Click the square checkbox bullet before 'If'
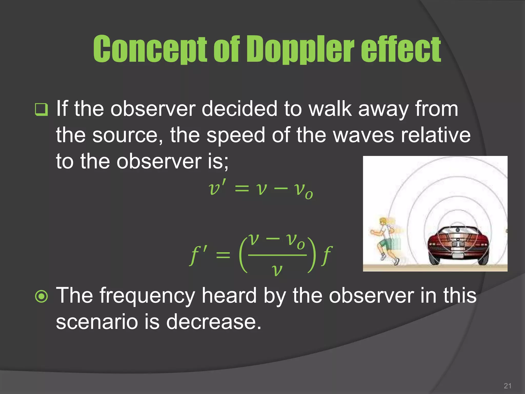coord(41,110)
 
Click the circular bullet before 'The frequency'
coord(41,296)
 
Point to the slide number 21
coord(507,386)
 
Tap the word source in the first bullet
coord(127,135)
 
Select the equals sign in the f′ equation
coord(223,255)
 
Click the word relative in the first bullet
coord(436,135)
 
